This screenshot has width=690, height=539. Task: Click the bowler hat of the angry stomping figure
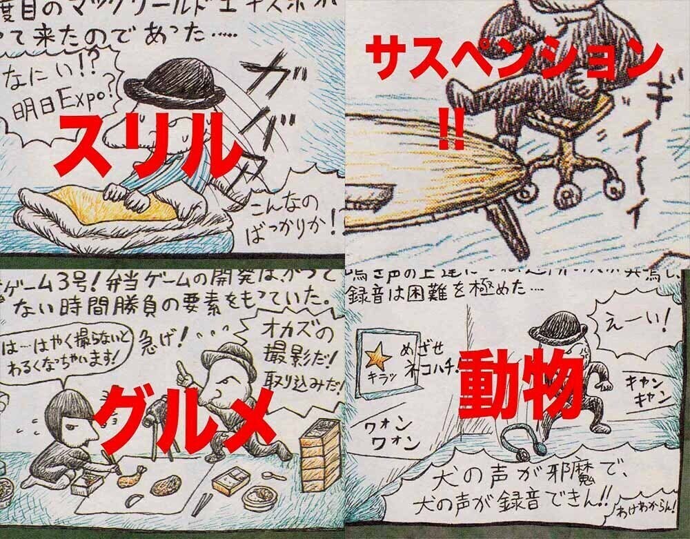[x=560, y=325]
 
